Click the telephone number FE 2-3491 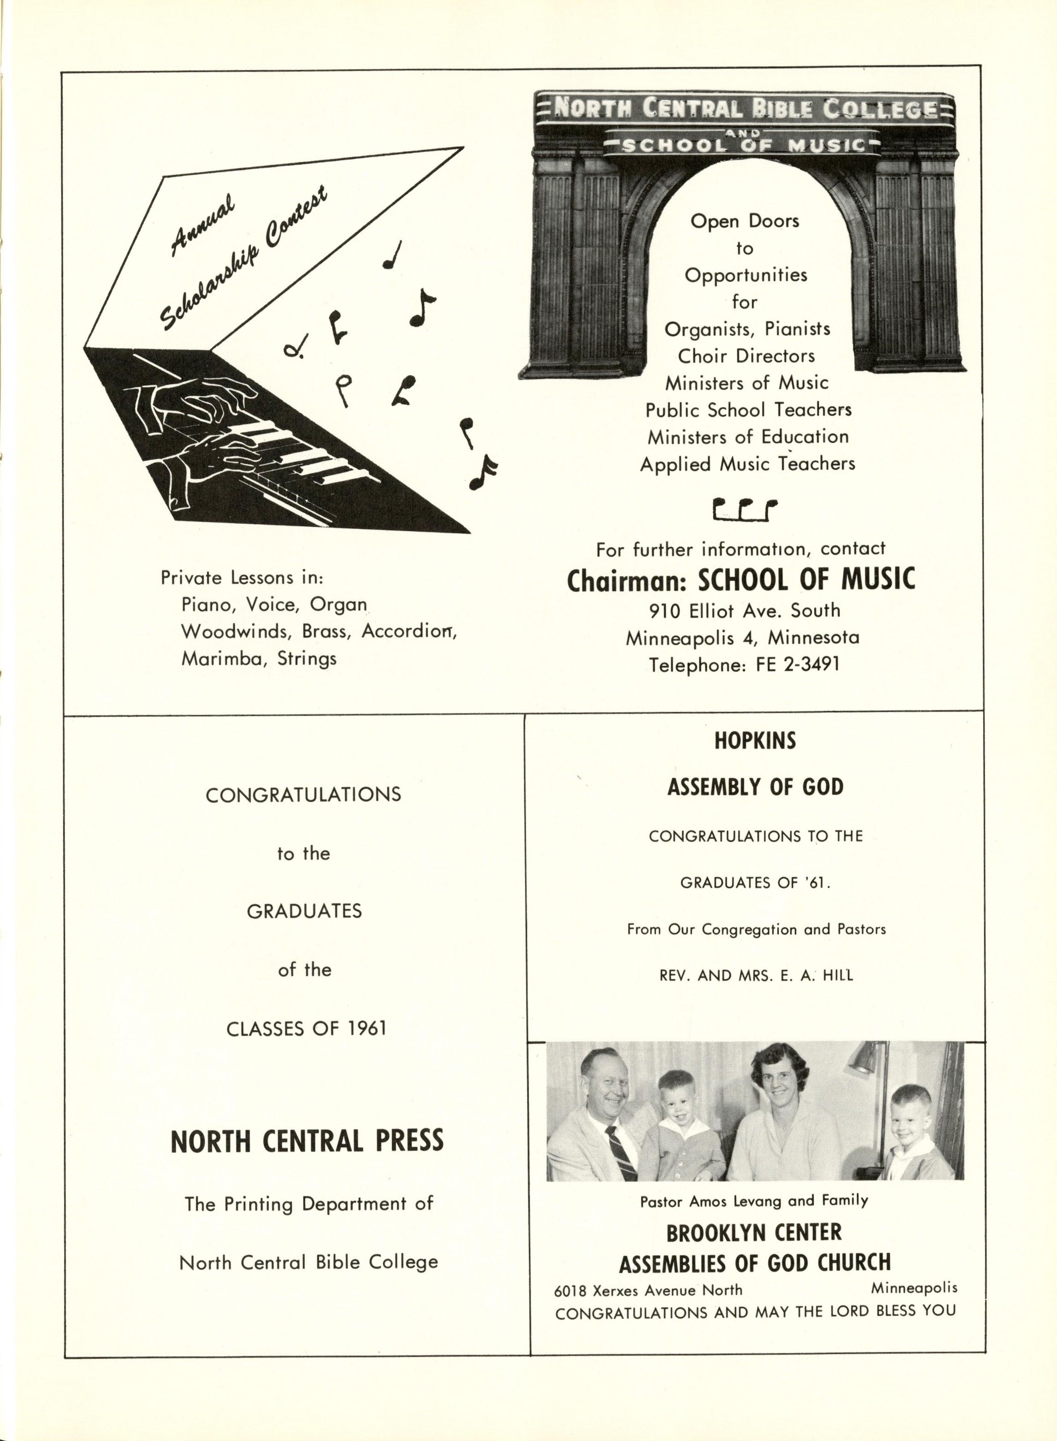797,665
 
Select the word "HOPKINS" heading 755,741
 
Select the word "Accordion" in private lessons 408,632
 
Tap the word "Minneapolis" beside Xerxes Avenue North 913,1287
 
